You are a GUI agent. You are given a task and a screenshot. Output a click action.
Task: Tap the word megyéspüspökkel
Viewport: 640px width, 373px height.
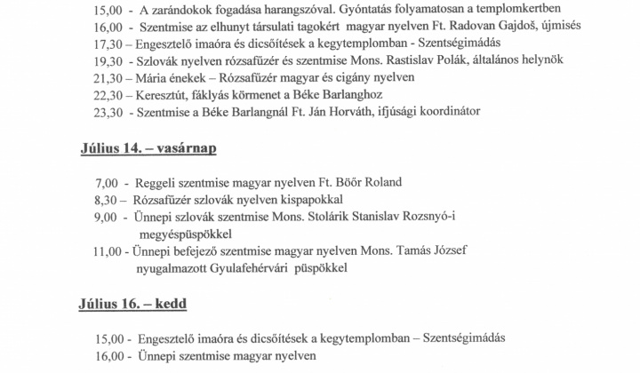pyautogui.click(x=183, y=234)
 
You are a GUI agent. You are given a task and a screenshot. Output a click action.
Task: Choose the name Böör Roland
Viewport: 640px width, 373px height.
pyautogui.click(x=368, y=182)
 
